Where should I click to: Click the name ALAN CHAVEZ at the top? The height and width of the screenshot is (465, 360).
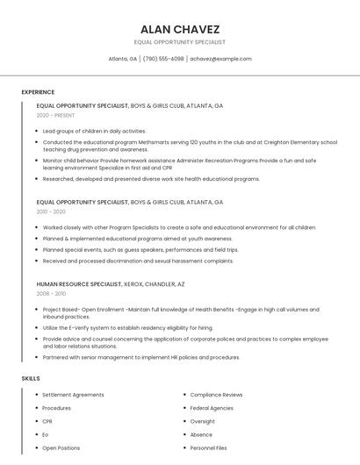(x=179, y=29)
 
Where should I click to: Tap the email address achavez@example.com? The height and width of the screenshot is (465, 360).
(x=220, y=59)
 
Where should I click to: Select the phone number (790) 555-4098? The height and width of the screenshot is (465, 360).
(x=163, y=59)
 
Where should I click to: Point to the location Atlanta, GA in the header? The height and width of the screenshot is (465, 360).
(x=123, y=59)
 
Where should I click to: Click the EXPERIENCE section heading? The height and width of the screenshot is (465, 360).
(x=38, y=92)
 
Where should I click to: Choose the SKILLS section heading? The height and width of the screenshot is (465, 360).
(x=31, y=378)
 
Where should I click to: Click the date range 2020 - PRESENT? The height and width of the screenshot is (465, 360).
(x=56, y=115)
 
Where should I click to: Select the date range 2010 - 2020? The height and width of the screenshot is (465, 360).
(x=51, y=211)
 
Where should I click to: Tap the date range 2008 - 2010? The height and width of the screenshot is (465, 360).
(x=51, y=294)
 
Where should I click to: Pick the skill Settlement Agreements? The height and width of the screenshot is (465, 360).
(x=73, y=395)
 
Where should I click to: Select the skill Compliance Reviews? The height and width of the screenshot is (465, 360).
(x=216, y=395)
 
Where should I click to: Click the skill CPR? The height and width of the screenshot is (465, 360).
(x=48, y=421)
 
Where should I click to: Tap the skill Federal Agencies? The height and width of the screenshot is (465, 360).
(x=212, y=408)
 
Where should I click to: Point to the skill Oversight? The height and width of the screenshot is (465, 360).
(x=202, y=421)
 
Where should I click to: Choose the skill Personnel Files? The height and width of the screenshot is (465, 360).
(x=209, y=448)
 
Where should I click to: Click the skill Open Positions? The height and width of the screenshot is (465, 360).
(x=61, y=448)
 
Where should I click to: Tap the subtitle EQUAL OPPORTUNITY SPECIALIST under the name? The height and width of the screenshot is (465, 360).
(x=179, y=42)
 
